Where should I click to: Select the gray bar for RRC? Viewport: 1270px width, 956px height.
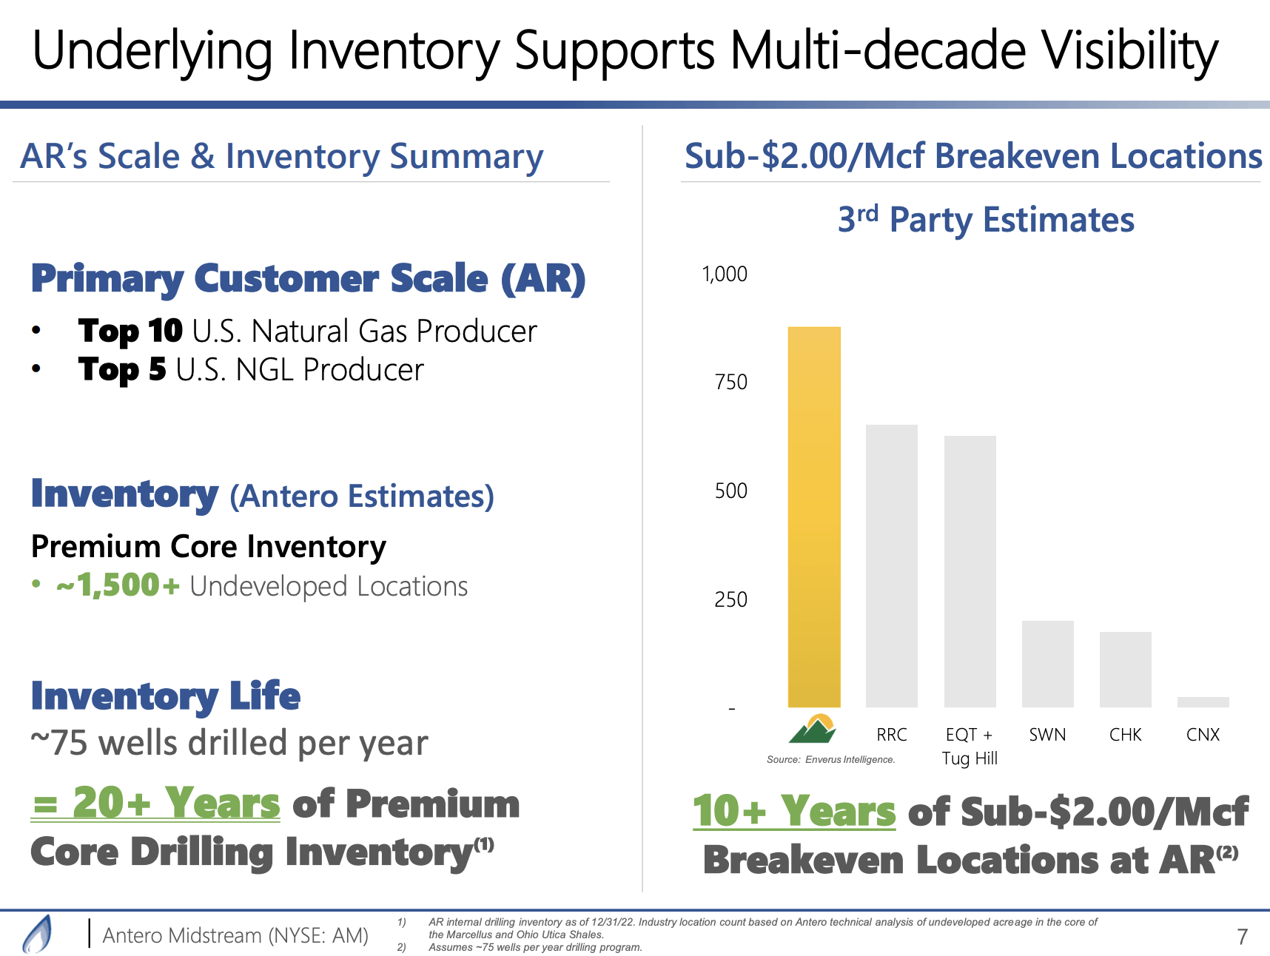pyautogui.click(x=891, y=565)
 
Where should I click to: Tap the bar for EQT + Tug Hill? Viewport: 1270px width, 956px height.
pyautogui.click(x=970, y=571)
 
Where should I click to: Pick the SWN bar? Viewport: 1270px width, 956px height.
pyautogui.click(x=1047, y=664)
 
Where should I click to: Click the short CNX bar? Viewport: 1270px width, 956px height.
pyautogui.click(x=1203, y=702)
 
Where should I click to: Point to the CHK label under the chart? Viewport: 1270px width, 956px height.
pyautogui.click(x=1125, y=735)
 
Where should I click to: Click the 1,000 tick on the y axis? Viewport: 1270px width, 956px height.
pyautogui.click(x=725, y=275)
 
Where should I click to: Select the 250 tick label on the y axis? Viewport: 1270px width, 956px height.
pyautogui.click(x=730, y=599)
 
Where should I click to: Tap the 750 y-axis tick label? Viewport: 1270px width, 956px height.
pyautogui.click(x=730, y=383)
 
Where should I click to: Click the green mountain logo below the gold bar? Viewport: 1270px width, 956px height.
pyautogui.click(x=813, y=729)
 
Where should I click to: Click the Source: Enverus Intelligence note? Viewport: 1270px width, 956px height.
pyautogui.click(x=830, y=760)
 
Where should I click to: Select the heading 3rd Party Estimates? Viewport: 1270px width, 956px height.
pyautogui.click(x=985, y=220)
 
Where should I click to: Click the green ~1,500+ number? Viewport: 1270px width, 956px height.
pyautogui.click(x=118, y=586)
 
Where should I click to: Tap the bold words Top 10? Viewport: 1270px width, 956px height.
pyautogui.click(x=130, y=331)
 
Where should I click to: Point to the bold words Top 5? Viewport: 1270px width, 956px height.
pyautogui.click(x=122, y=370)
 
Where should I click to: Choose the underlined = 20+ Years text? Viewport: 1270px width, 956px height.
pyautogui.click(x=156, y=804)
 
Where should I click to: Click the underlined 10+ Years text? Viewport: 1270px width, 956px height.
pyautogui.click(x=793, y=811)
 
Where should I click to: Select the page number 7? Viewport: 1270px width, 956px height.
pyautogui.click(x=1242, y=937)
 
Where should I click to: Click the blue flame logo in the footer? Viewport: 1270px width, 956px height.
pyautogui.click(x=38, y=935)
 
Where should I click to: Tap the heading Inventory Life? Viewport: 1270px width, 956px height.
pyautogui.click(x=166, y=696)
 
